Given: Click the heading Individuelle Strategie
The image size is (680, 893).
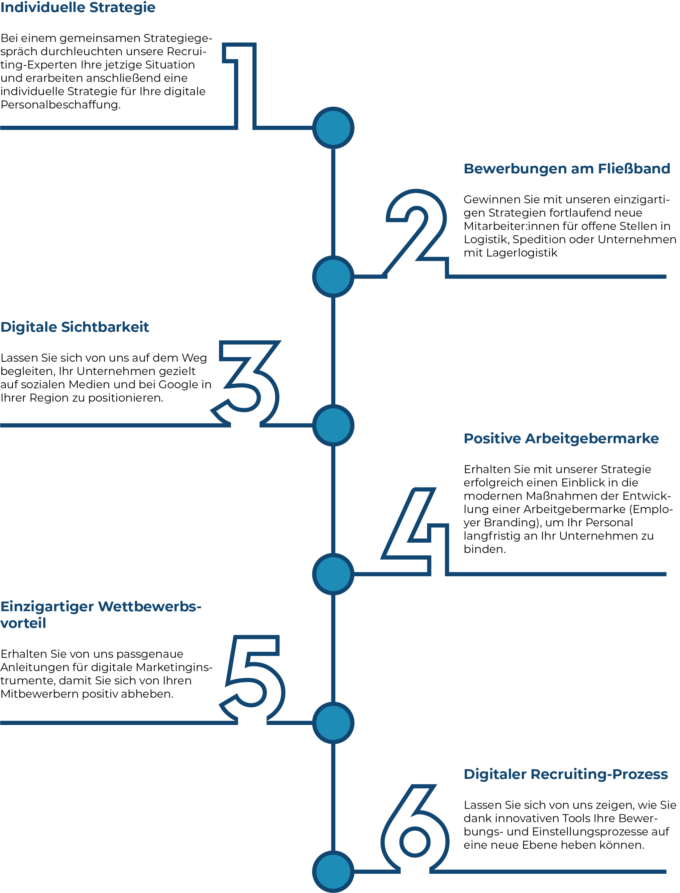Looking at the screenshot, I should [78, 7].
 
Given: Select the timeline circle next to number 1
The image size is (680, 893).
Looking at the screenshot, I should [333, 128].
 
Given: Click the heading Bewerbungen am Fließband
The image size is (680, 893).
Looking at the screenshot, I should [567, 169].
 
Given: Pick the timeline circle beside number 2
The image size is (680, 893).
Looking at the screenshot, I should [333, 277].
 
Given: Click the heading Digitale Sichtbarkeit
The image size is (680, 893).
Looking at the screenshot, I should [75, 327].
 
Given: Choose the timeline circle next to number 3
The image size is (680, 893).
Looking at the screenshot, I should [333, 426].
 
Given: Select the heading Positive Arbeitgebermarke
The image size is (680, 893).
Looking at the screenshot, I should [561, 439].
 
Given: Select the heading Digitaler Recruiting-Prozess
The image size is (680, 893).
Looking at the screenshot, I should [565, 774].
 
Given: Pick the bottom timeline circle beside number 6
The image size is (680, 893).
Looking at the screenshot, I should [333, 871].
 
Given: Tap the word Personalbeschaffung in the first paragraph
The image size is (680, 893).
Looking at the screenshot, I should [61, 105].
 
